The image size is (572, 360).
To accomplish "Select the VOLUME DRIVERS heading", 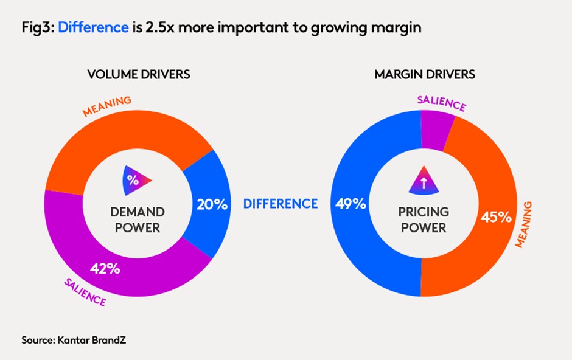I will click(x=139, y=75).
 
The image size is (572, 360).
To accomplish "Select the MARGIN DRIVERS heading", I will click(x=425, y=75).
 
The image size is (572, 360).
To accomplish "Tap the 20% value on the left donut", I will click(x=212, y=204).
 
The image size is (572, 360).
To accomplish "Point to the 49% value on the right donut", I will click(x=351, y=204).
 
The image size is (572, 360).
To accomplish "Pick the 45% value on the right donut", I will click(x=496, y=217).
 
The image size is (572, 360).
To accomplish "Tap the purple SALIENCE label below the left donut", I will click(x=85, y=292).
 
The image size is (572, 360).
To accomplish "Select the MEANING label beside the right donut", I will click(x=527, y=225).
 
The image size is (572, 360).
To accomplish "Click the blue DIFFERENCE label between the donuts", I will click(x=281, y=204).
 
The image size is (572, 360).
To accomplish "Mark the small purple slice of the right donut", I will click(x=438, y=130).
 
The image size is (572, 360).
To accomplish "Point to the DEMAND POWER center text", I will click(x=137, y=220).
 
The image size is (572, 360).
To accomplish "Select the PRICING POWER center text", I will click(x=424, y=220).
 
